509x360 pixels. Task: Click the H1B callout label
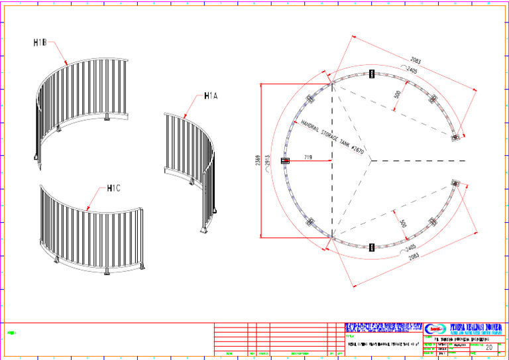click(x=40, y=43)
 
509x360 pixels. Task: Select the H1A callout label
click(x=211, y=96)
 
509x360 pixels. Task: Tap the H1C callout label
click(x=113, y=188)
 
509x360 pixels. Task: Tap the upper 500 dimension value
click(x=397, y=95)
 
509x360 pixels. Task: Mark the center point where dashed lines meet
click(x=370, y=160)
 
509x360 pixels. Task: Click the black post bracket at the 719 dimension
click(x=286, y=160)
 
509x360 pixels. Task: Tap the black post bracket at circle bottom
click(x=371, y=248)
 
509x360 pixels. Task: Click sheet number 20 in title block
click(x=488, y=347)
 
